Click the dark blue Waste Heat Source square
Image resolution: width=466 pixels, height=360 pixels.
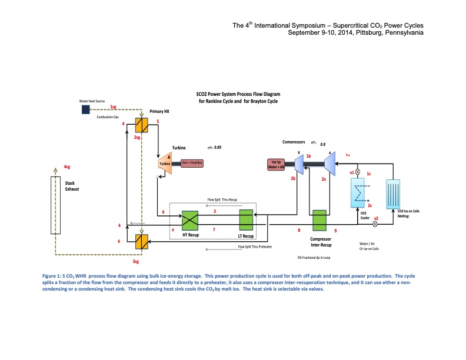click(x=86, y=109)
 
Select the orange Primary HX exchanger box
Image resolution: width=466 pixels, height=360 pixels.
click(x=141, y=125)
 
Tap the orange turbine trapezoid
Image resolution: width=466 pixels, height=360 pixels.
click(x=165, y=163)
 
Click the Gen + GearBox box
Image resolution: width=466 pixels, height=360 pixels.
click(x=191, y=162)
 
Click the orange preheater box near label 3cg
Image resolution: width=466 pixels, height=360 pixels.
click(x=141, y=242)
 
